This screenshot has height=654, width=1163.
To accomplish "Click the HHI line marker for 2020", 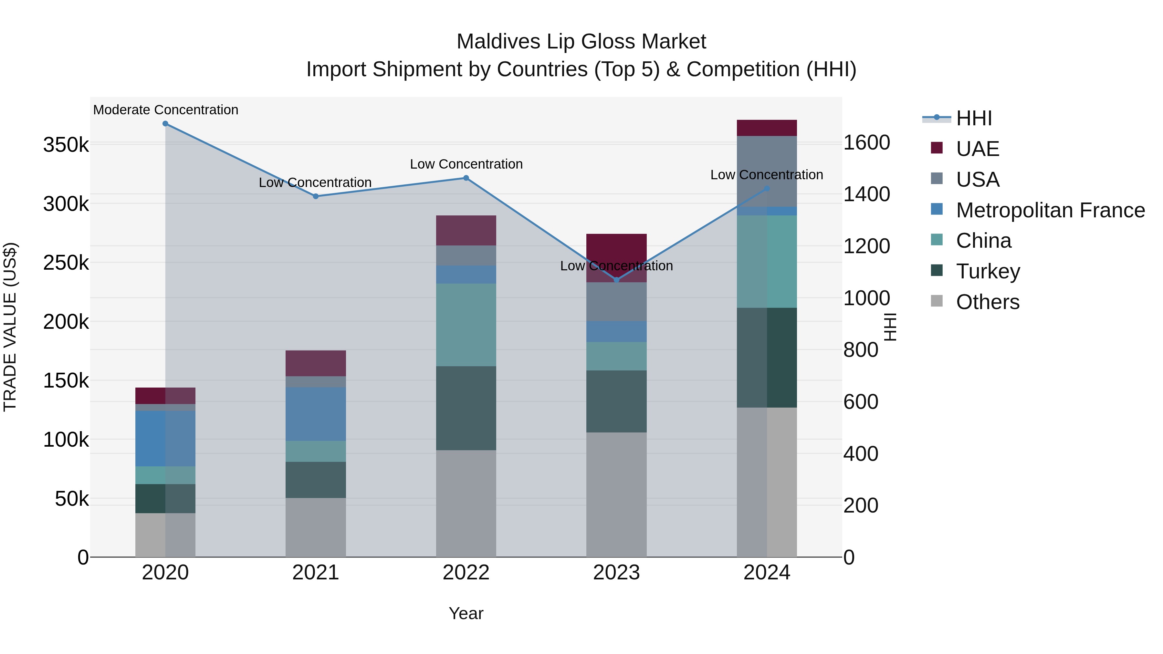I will (165, 124).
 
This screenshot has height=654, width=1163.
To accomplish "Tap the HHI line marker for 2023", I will (617, 280).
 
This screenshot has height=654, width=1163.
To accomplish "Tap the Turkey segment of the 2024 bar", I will (767, 358).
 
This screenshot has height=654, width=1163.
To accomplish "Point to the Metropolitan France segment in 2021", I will (316, 414).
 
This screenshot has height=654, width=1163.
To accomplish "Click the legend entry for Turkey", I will (988, 271).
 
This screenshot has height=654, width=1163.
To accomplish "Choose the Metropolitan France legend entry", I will (1050, 210).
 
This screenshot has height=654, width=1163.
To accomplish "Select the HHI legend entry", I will (974, 118).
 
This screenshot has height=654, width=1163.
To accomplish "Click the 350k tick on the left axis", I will (66, 145).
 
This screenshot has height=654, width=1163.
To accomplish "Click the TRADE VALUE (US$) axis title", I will (10, 327).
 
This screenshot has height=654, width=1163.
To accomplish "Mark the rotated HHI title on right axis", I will (889, 327).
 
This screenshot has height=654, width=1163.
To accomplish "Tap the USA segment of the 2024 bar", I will (767, 171).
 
